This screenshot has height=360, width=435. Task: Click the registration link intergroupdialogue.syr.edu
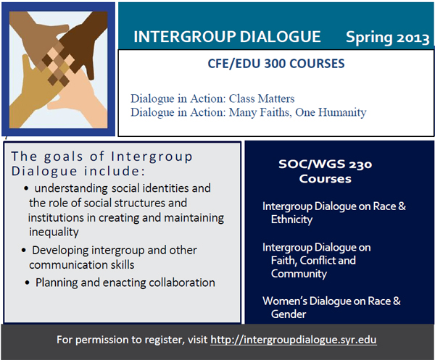coord(294,340)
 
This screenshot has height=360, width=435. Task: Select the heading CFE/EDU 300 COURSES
coord(276,64)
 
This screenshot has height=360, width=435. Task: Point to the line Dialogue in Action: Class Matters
coord(212,99)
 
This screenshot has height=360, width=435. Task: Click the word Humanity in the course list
coord(342,112)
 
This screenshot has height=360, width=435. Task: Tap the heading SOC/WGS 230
coord(325,164)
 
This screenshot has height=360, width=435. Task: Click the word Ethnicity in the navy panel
coord(291,219)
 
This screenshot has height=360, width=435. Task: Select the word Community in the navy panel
coord(299,274)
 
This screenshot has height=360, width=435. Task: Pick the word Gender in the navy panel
coord(289,314)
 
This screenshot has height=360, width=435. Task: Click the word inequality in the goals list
coord(54,232)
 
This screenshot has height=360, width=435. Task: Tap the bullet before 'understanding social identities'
coord(26,189)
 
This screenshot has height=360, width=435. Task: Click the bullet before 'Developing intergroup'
coord(24,251)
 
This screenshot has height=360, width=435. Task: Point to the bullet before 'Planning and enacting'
coord(28,283)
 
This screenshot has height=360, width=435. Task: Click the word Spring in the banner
coord(369,38)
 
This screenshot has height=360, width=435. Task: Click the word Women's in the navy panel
coord(285,301)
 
